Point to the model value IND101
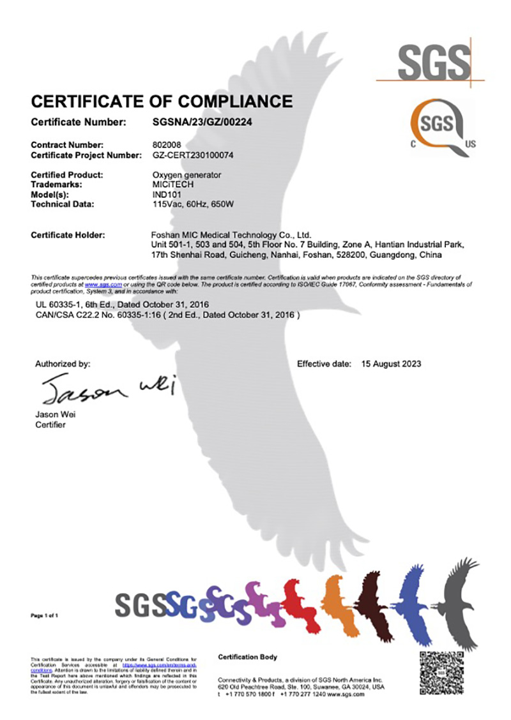click(162, 194)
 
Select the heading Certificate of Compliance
click(162, 101)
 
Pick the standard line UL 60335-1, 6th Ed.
click(123, 304)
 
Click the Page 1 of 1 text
click(45, 615)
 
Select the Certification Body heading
click(248, 657)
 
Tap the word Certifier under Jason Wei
click(49, 426)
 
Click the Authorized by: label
click(63, 364)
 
